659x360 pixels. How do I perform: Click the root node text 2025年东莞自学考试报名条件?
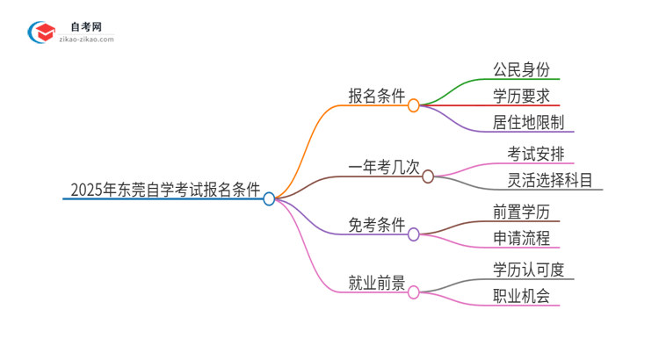point(164,188)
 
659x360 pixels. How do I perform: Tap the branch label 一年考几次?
point(383,166)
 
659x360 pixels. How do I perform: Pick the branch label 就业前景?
point(376,283)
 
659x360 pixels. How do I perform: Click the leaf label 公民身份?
point(522,69)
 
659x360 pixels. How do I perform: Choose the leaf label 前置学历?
point(522,212)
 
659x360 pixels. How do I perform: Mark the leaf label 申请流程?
point(522,238)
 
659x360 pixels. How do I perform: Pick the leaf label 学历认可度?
point(530,270)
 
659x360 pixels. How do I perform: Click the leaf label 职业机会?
point(522,296)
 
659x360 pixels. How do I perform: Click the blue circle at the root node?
point(270,199)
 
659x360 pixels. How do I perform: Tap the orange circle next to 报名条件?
point(414,105)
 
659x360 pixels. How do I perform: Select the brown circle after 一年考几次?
point(428,176)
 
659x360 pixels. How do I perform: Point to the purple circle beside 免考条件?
point(414,234)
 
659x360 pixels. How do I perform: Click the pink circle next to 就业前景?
point(414,292)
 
